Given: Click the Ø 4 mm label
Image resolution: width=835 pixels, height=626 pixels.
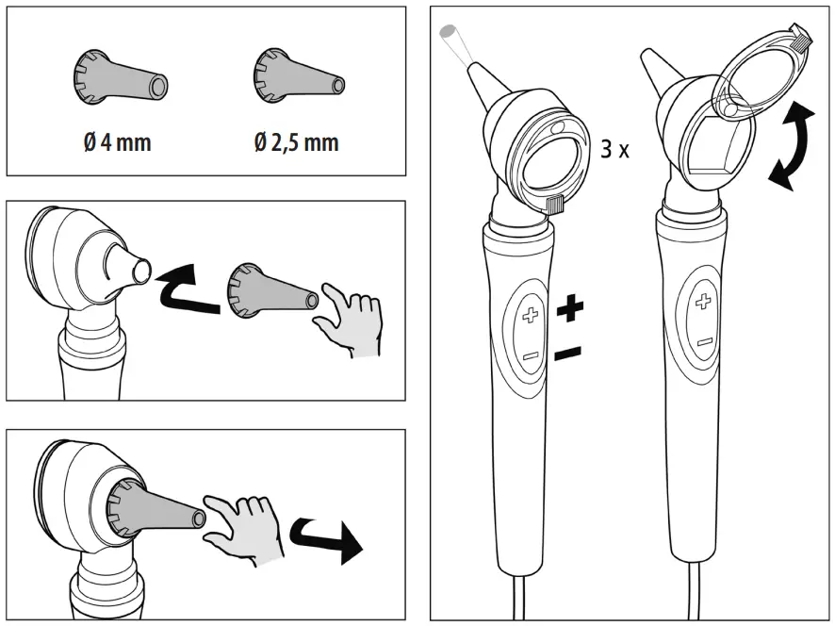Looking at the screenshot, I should tap(116, 142).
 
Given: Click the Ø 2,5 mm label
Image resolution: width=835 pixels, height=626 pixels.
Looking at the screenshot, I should tap(296, 142).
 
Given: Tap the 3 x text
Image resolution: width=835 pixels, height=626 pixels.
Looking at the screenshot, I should tap(614, 149).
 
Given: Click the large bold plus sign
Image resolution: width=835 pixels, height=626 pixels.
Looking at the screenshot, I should tap(569, 307).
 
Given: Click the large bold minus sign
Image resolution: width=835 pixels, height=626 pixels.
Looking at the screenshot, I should tap(567, 354).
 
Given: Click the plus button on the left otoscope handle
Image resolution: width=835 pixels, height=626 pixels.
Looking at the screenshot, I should tap(531, 315).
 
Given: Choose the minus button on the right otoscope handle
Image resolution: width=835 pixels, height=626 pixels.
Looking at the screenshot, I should tap(703, 342).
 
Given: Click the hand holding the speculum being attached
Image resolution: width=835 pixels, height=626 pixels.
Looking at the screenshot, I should tap(350, 322).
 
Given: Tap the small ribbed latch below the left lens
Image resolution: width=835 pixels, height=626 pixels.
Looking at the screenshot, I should tap(554, 203).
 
